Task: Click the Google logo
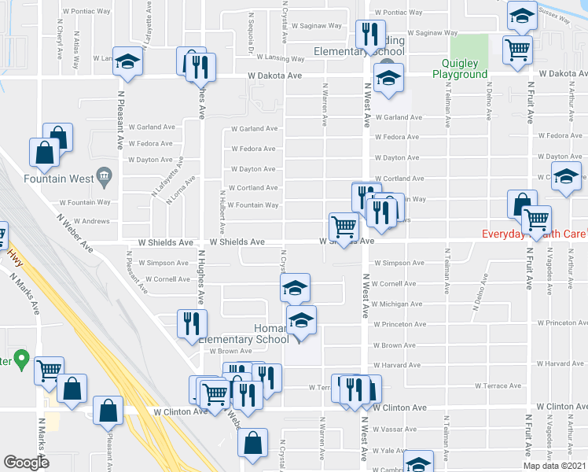pos(26,463)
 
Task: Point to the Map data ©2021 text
pos(555,465)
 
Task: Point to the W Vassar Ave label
pos(397,430)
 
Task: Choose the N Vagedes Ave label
pos(549,268)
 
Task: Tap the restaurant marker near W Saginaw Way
pos(368,35)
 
